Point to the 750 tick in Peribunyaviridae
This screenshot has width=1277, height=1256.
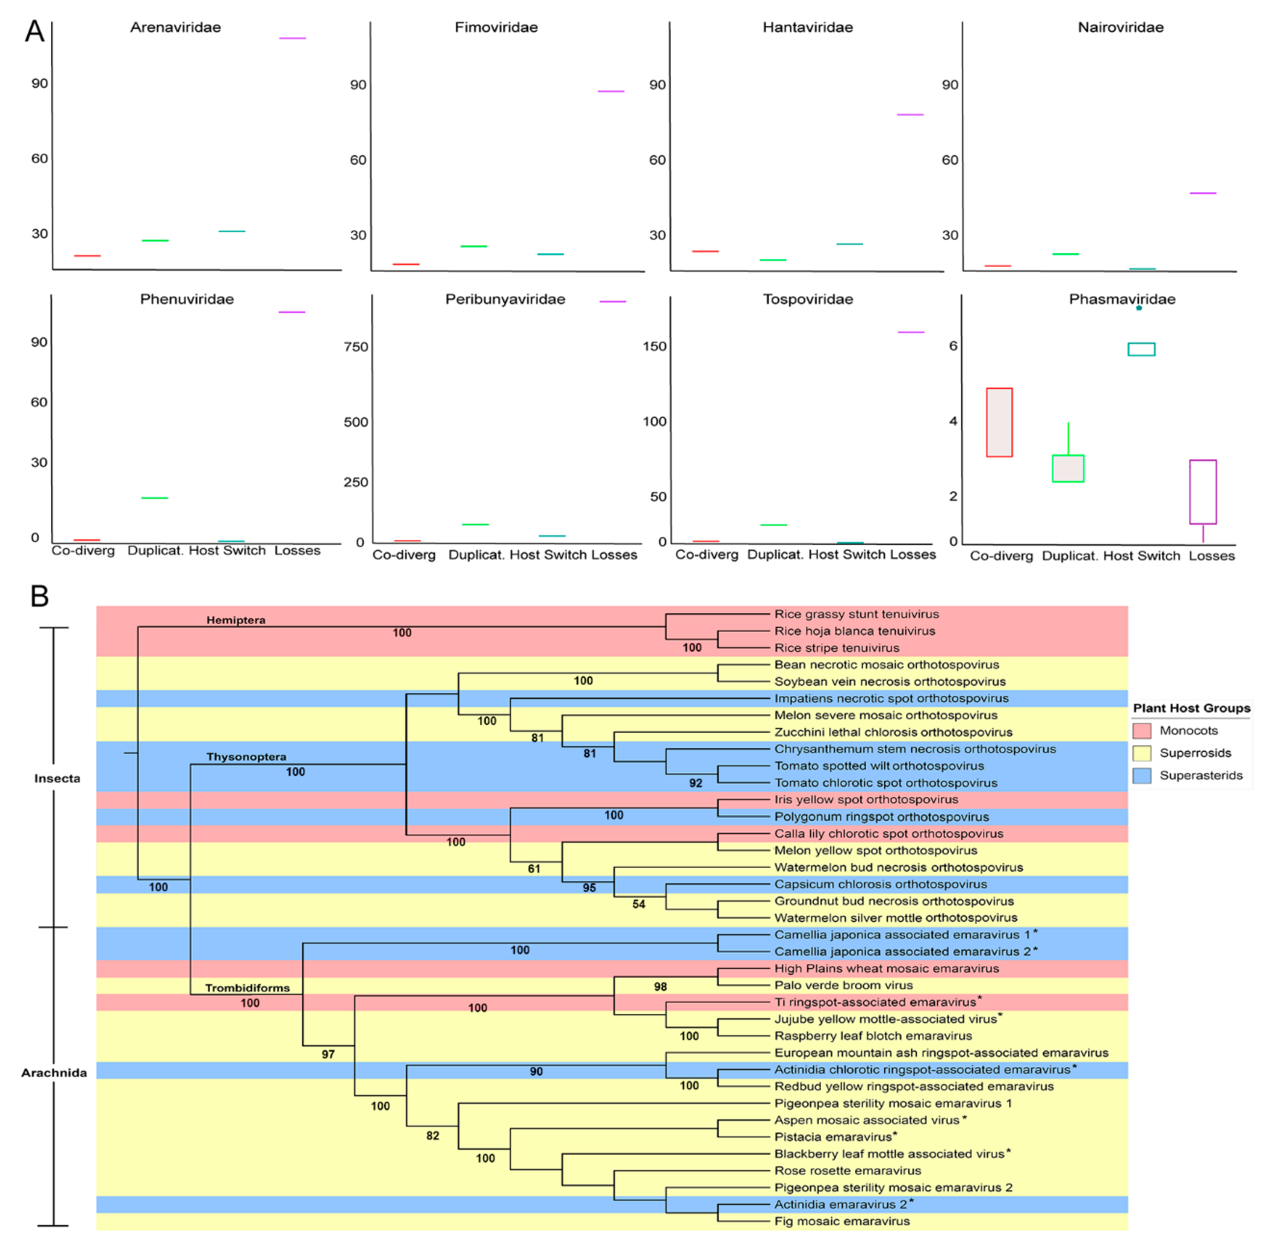[x=356, y=347]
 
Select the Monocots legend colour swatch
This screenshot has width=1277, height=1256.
[x=1141, y=730]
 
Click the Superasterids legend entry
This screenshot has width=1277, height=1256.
[x=1200, y=775]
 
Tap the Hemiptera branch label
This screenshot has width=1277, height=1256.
[x=236, y=620]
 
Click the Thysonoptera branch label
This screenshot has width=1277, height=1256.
[x=246, y=756]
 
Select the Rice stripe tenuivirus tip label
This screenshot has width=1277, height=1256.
[x=836, y=648]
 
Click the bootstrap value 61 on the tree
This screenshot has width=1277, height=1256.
[x=534, y=869]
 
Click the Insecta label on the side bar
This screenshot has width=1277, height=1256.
[x=57, y=778]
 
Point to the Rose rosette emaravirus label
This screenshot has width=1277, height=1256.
[x=847, y=1170]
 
